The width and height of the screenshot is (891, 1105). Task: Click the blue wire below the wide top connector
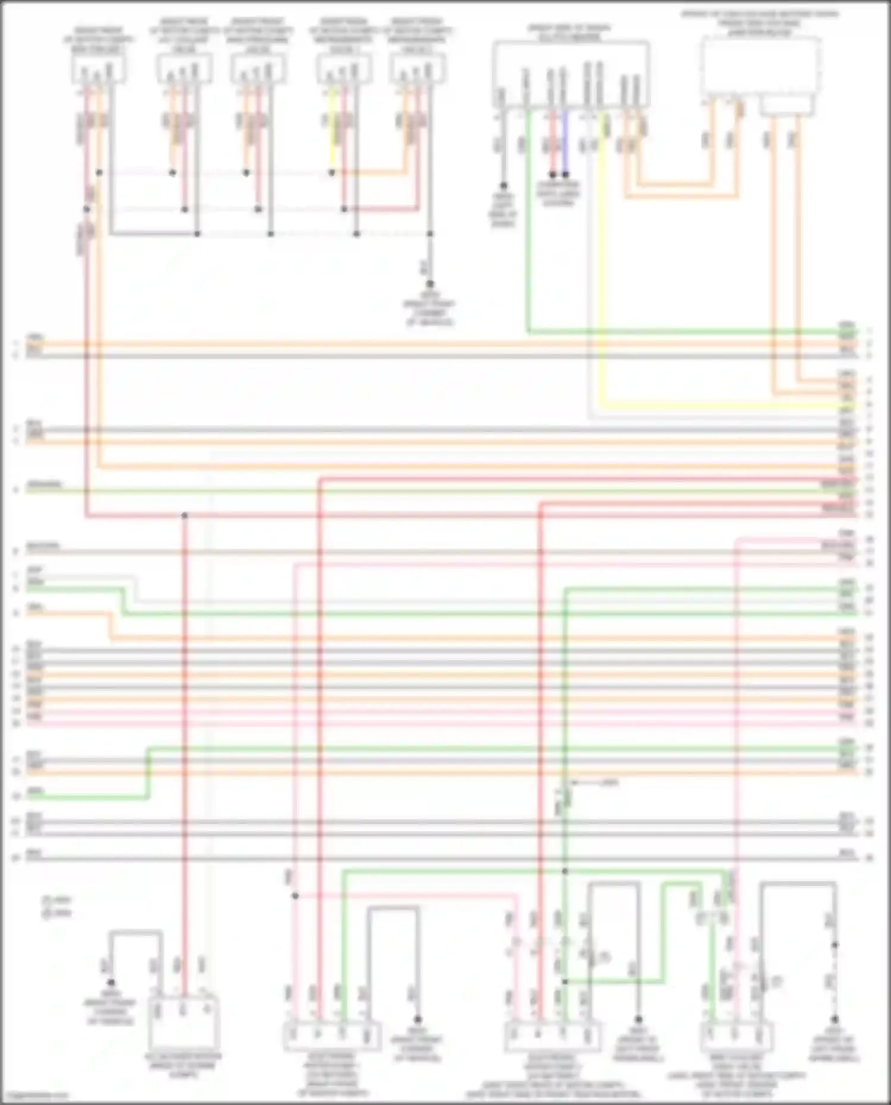tap(565, 143)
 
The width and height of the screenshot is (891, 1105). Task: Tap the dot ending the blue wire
tap(565, 175)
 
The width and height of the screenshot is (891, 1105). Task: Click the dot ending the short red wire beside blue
tap(552, 175)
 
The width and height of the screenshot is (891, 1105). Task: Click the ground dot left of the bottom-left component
tap(110, 983)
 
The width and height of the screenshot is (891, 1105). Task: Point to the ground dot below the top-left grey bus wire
tap(430, 284)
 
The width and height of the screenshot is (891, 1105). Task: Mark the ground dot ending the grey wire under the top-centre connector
tap(503, 186)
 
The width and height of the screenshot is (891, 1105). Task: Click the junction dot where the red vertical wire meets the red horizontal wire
tap(184, 515)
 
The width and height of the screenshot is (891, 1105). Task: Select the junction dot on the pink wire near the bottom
tap(295, 896)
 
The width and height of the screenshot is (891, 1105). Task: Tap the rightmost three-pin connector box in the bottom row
tap(736, 1036)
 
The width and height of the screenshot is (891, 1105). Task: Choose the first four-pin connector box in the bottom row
tap(331, 1036)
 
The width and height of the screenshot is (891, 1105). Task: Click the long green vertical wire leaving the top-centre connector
tap(527, 226)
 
